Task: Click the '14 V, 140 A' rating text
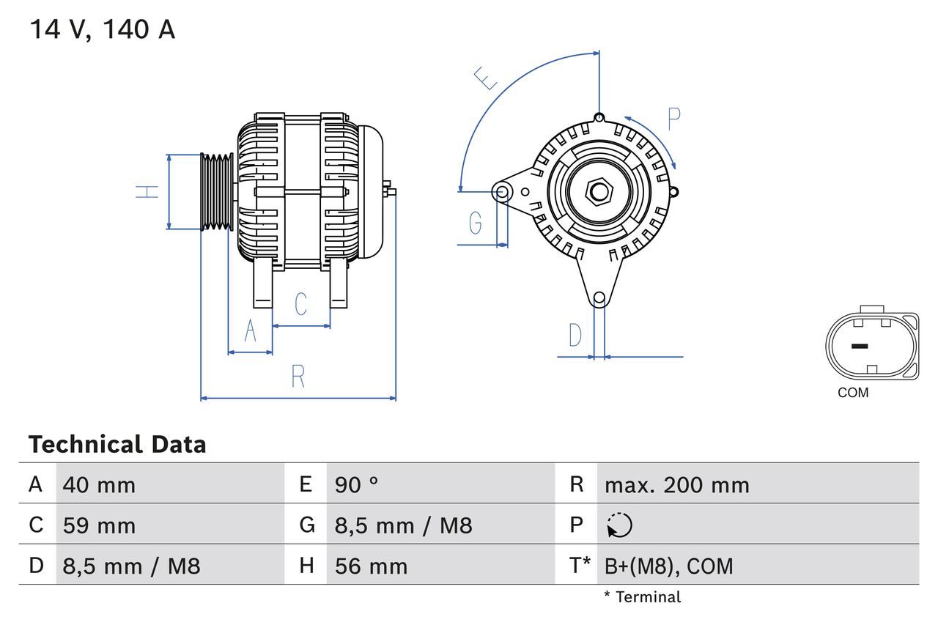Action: (x=102, y=30)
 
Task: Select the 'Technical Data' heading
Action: (x=117, y=444)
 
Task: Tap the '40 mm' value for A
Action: (x=99, y=484)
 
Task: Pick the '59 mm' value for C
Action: (x=99, y=525)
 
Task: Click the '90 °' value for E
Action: (x=356, y=484)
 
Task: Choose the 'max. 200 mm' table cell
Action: (x=676, y=484)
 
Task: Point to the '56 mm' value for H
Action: (x=371, y=566)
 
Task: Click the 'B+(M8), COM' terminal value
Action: (x=668, y=566)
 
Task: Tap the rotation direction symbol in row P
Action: (x=619, y=525)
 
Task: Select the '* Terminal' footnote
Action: (x=642, y=597)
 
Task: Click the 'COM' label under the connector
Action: (x=853, y=393)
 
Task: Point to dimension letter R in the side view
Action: (x=298, y=377)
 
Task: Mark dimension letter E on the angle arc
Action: (x=485, y=78)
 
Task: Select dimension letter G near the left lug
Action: (x=476, y=222)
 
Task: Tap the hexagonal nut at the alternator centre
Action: (x=599, y=192)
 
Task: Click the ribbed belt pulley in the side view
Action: (x=217, y=192)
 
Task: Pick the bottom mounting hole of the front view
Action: (x=599, y=297)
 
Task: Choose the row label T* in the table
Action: (x=580, y=566)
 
